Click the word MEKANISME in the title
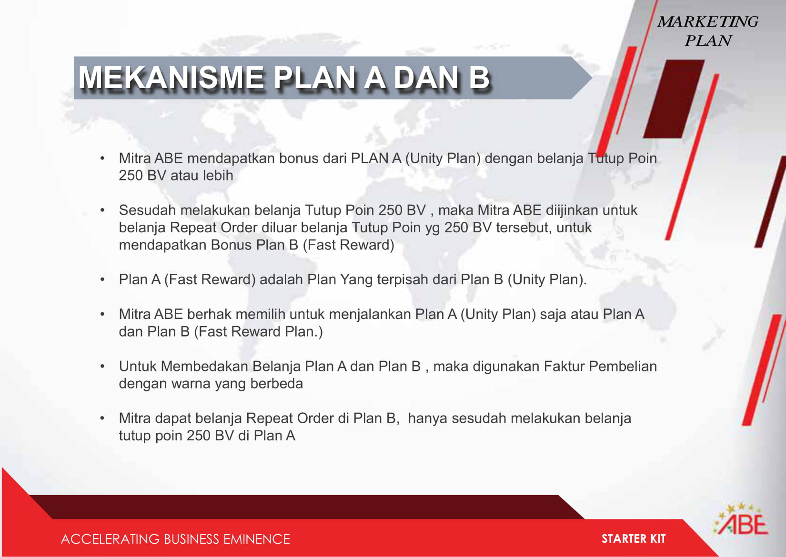pyautogui.click(x=171, y=78)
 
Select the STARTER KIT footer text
pyautogui.click(x=634, y=539)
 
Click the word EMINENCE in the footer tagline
pyautogui.click(x=256, y=539)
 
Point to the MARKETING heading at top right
pyautogui.click(x=708, y=22)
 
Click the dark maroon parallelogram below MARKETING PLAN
pyautogui.click(x=674, y=99)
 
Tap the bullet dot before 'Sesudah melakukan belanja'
pyautogui.click(x=102, y=210)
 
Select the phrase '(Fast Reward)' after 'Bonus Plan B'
pyautogui.click(x=348, y=245)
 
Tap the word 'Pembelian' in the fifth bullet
pyautogui.click(x=623, y=366)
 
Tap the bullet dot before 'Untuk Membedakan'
pyautogui.click(x=102, y=367)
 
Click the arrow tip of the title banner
pyautogui.click(x=592, y=78)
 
